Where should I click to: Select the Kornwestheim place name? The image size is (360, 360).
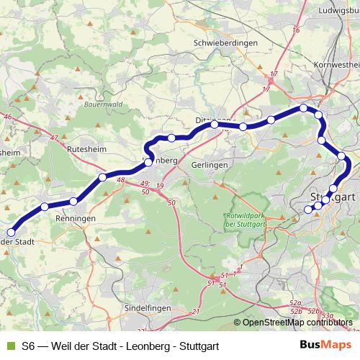pyautogui.click(x=336, y=65)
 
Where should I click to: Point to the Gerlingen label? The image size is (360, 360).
pyautogui.click(x=210, y=165)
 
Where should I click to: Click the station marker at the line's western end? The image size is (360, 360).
pyautogui.click(x=11, y=232)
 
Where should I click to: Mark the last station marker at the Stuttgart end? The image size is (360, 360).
pyautogui.click(x=308, y=210)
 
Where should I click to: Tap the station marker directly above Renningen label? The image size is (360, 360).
pyautogui.click(x=73, y=201)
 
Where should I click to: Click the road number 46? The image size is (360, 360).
pyautogui.click(x=8, y=116)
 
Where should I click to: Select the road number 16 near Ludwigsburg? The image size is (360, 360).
pyautogui.click(x=294, y=30)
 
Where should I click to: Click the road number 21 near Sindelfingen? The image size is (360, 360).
pyautogui.click(x=195, y=311)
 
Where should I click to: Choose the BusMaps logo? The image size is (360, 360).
pyautogui.click(x=325, y=345)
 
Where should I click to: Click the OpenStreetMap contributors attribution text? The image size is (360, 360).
pyautogui.click(x=297, y=323)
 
